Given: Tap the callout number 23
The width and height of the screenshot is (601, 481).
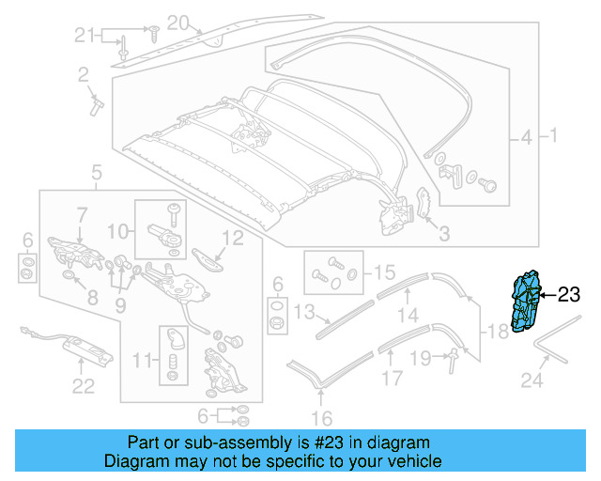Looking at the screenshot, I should pyautogui.click(x=569, y=295).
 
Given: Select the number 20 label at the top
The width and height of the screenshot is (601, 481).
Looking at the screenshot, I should pyautogui.click(x=178, y=21).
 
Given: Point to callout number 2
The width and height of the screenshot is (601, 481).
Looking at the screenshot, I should pyautogui.click(x=84, y=73).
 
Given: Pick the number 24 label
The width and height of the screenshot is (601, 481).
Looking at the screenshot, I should pyautogui.click(x=532, y=381).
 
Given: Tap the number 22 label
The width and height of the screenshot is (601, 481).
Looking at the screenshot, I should pyautogui.click(x=84, y=385).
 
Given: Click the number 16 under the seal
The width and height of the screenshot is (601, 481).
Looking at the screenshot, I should pyautogui.click(x=321, y=418).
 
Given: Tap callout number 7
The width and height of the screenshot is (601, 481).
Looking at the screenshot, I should pyautogui.click(x=82, y=214).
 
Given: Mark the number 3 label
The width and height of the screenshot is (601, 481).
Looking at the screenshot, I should pyautogui.click(x=444, y=233).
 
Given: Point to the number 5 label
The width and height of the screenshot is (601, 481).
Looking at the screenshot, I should pyautogui.click(x=96, y=171).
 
